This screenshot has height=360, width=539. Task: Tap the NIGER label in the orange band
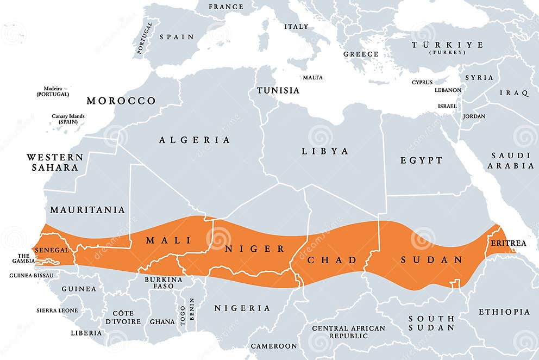coord(255,249)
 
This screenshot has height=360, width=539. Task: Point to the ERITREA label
coord(508,243)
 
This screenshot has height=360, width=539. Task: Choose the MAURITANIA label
coord(87,210)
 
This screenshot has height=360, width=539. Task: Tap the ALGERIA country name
coord(195,140)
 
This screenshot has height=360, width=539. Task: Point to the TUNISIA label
coord(278,90)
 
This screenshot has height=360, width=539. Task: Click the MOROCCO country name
coord(121,101)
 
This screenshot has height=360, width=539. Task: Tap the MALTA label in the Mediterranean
coord(312,77)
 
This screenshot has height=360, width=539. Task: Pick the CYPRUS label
coord(422,82)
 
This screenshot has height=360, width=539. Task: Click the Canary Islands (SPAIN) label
coord(68,119)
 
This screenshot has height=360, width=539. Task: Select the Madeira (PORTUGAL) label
coord(53,91)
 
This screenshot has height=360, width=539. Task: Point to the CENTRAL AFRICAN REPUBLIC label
coord(348,332)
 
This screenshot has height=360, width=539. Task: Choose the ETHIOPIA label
coord(504,312)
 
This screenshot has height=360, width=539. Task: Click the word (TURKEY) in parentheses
coord(447,52)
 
